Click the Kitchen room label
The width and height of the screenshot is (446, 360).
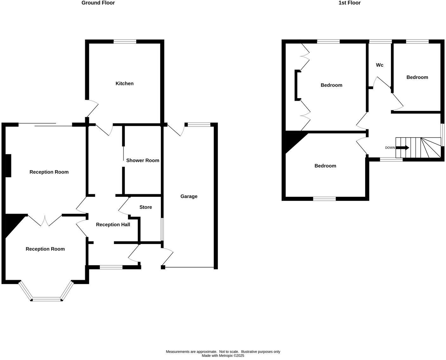pyautogui.click(x=124, y=83)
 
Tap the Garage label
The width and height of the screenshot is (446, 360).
pyautogui.click(x=189, y=196)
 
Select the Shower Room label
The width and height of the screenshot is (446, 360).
pyautogui.click(x=143, y=160)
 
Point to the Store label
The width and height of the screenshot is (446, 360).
pyautogui.click(x=146, y=207)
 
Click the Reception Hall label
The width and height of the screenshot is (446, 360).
pyautogui.click(x=113, y=224)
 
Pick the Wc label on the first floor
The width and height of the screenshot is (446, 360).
pyautogui.click(x=379, y=65)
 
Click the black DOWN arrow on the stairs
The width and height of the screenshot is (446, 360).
pyautogui.click(x=403, y=148)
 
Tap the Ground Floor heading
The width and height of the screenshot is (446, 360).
pyautogui.click(x=98, y=3)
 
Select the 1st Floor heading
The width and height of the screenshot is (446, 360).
pyautogui.click(x=349, y=3)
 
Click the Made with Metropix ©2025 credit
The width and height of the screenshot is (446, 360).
pyautogui.click(x=223, y=356)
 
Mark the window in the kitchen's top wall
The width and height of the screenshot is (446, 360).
pyautogui.click(x=125, y=42)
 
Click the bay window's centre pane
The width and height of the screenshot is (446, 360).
pyautogui.click(x=47, y=299)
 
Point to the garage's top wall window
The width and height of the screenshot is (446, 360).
pyautogui.click(x=199, y=125)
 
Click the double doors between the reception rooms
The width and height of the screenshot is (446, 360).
pyautogui.click(x=45, y=220)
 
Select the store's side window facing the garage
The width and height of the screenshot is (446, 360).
pyautogui.click(x=162, y=229)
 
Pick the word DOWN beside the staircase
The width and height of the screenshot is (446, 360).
pyautogui.click(x=390, y=148)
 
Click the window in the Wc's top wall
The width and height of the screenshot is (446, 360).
pyautogui.click(x=380, y=42)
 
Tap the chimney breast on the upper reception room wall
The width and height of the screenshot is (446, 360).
pyautogui.click(x=9, y=165)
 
